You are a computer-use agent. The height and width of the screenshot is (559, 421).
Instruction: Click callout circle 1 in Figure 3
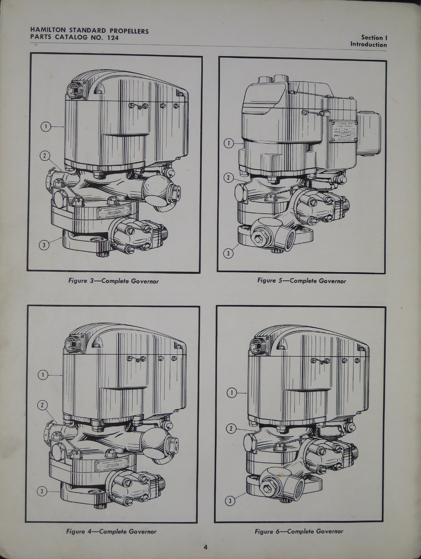(x=46, y=127)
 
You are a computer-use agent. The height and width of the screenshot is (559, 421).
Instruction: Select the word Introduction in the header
(x=368, y=45)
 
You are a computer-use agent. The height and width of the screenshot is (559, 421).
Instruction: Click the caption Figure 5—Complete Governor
(x=301, y=281)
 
